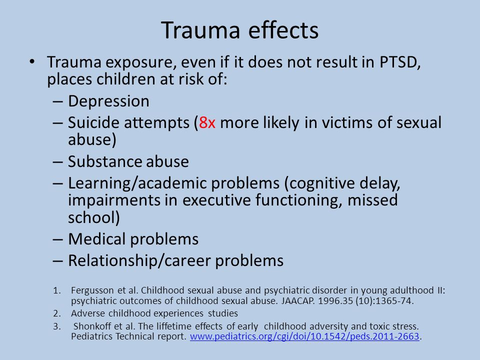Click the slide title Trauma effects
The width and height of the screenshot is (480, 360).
(240, 31)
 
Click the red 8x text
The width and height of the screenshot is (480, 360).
(207, 123)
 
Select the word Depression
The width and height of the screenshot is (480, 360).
(108, 101)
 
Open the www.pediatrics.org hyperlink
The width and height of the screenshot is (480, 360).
(304, 337)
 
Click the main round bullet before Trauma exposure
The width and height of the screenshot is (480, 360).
(33, 62)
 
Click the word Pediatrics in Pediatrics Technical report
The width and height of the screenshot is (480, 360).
(90, 337)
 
